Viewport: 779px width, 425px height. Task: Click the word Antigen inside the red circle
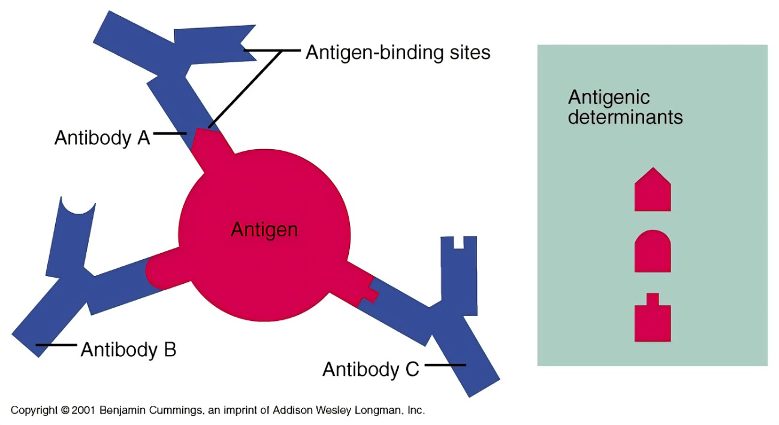pyautogui.click(x=264, y=230)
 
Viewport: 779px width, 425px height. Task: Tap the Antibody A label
pyautogui.click(x=102, y=138)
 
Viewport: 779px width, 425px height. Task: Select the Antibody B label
pyautogui.click(x=129, y=350)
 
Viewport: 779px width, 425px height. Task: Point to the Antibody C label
pyautogui.click(x=371, y=369)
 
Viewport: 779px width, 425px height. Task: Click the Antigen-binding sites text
pyautogui.click(x=398, y=53)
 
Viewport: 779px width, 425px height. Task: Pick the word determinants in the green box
pyautogui.click(x=625, y=117)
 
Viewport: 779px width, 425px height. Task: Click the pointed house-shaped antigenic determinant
pyautogui.click(x=653, y=189)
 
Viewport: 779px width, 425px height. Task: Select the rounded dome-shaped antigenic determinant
pyautogui.click(x=653, y=251)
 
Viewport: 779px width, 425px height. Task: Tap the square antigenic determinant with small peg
pyautogui.click(x=653, y=318)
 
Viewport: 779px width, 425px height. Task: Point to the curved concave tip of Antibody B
pyautogui.click(x=78, y=208)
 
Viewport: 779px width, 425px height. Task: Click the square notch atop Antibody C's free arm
pyautogui.click(x=458, y=242)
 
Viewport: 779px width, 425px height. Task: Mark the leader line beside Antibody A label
pyautogui.click(x=170, y=133)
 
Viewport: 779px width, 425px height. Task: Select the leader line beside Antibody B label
pyautogui.click(x=56, y=345)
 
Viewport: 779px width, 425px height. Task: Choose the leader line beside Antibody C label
pyautogui.click(x=445, y=365)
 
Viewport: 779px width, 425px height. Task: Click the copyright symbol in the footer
pyautogui.click(x=65, y=410)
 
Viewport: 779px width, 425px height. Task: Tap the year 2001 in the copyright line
pyautogui.click(x=83, y=410)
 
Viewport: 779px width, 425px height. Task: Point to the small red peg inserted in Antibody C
pyautogui.click(x=371, y=295)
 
